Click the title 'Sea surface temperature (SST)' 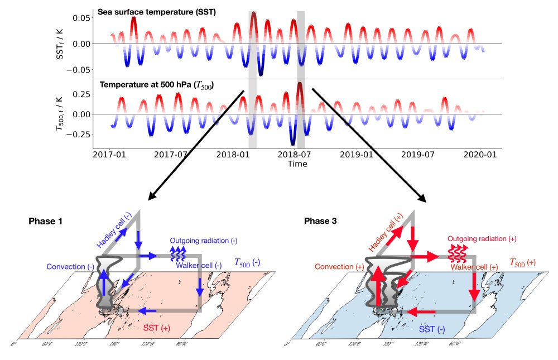157,12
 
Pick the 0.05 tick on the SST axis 79,18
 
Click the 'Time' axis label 297,164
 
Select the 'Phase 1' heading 45,222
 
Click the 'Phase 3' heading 320,222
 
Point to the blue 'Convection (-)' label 70,266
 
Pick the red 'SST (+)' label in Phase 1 157,328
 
